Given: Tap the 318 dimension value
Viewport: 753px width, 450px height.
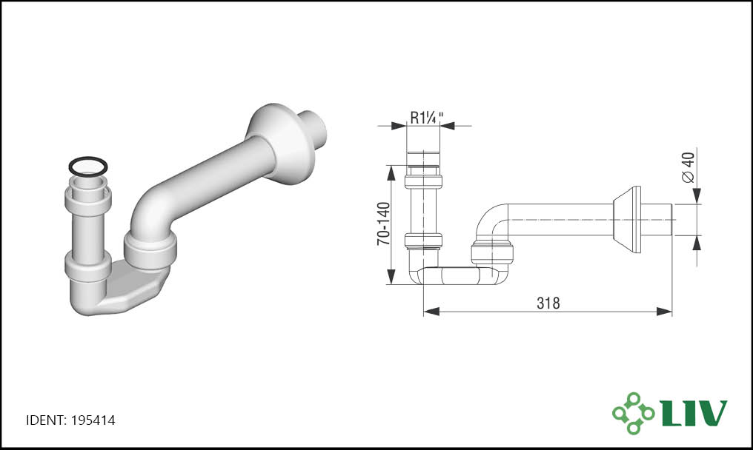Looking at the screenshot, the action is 548,303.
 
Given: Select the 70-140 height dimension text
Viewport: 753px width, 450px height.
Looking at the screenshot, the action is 384,224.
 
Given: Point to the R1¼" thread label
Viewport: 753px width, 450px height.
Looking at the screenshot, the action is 426,117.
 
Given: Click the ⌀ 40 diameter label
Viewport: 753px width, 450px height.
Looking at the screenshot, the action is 688,167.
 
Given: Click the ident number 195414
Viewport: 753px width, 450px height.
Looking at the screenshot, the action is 93,420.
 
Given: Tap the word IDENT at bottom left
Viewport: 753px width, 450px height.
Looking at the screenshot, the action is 44,420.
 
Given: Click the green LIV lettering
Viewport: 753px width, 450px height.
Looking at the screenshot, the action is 694,412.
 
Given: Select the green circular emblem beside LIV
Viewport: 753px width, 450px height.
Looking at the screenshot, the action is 634,412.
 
